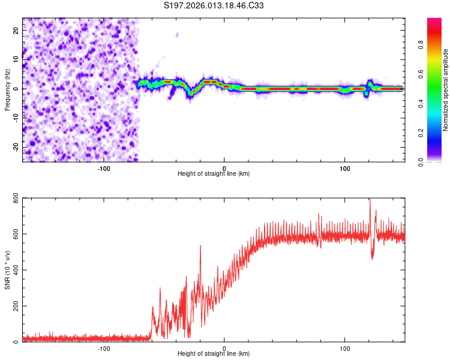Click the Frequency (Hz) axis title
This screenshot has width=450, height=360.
click(7, 89)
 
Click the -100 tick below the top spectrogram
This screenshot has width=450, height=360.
click(104, 168)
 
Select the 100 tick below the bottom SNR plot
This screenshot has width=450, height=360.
click(345, 349)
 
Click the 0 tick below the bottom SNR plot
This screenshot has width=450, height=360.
click(224, 349)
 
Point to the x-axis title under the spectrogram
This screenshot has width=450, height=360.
click(214, 174)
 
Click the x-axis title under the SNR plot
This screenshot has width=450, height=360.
click(214, 355)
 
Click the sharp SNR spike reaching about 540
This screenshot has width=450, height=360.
click(200, 246)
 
